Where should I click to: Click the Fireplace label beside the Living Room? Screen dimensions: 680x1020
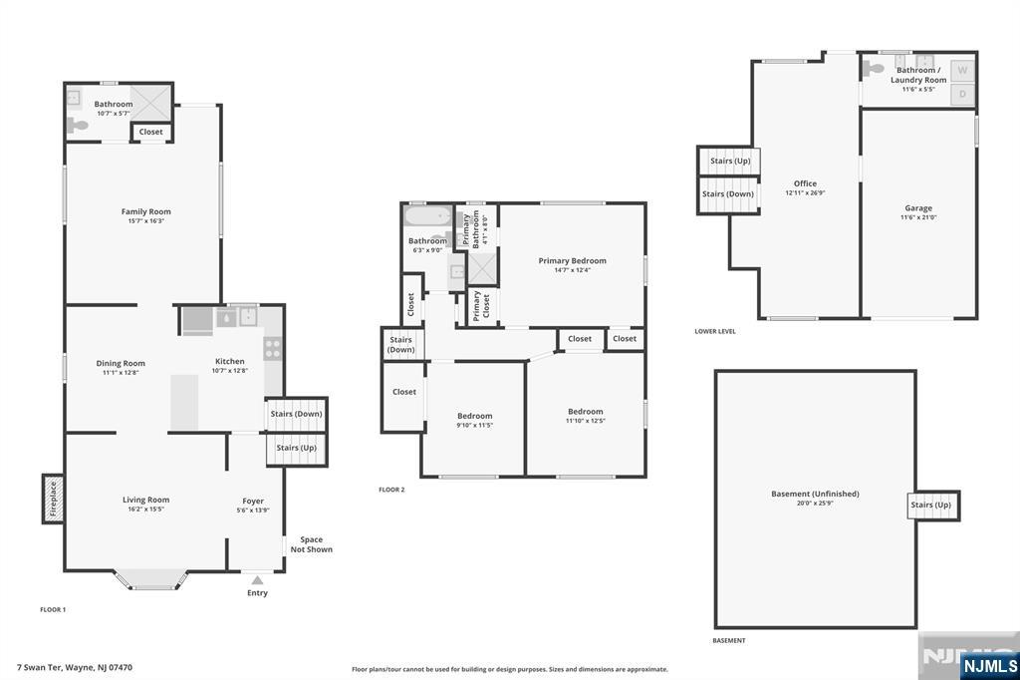pyautogui.click(x=53, y=498)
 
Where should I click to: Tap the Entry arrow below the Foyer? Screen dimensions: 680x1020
pyautogui.click(x=257, y=578)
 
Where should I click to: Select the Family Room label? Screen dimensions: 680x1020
pyautogui.click(x=146, y=211)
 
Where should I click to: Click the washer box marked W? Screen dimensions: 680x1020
pyautogui.click(x=962, y=71)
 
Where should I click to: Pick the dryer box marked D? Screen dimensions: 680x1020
pyautogui.click(x=962, y=95)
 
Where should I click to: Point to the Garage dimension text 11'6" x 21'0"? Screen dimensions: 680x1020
pyautogui.click(x=918, y=217)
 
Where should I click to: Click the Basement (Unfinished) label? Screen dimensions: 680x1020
pyautogui.click(x=815, y=494)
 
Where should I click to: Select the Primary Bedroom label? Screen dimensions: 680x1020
pyautogui.click(x=572, y=261)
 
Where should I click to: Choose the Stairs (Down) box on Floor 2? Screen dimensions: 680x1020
pyautogui.click(x=401, y=345)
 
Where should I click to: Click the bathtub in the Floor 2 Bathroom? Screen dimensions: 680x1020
pyautogui.click(x=427, y=216)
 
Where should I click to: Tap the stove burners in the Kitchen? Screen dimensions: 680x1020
pyautogui.click(x=272, y=348)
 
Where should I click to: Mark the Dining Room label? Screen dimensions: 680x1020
pyautogui.click(x=121, y=363)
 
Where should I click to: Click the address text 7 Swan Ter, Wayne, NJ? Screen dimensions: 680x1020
pyautogui.click(x=75, y=667)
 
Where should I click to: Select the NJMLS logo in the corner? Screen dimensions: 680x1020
pyautogui.click(x=989, y=665)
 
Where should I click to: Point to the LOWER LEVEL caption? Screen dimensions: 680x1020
pyautogui.click(x=715, y=331)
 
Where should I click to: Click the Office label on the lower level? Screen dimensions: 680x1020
pyautogui.click(x=805, y=183)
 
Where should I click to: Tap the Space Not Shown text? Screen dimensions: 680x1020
pyautogui.click(x=311, y=544)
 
